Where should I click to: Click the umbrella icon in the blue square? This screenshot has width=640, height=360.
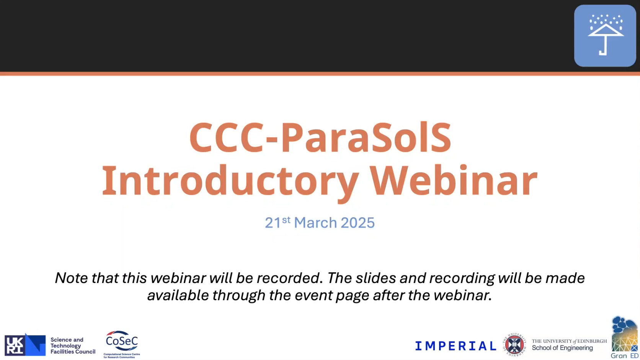coord(606,35)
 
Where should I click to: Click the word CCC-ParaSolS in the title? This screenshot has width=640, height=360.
coord(320,137)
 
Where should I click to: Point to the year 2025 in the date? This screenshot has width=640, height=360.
coord(358,223)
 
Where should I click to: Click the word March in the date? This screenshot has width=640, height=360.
coord(315,223)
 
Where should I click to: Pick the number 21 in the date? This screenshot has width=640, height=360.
coord(273,223)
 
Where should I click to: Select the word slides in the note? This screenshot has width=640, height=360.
coord(375,278)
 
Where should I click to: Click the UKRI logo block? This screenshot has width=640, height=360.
coord(25,345)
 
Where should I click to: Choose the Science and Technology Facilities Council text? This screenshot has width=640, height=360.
coord(73,346)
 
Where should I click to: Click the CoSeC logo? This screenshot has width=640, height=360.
coord(122,344)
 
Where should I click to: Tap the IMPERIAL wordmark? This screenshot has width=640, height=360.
coord(456,346)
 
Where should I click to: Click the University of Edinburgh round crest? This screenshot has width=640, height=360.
coord(514,345)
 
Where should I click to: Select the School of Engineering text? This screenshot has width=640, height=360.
coord(562,348)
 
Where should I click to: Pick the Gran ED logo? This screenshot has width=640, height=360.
coord(624,337)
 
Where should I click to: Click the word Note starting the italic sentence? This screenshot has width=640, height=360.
coord(71,278)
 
